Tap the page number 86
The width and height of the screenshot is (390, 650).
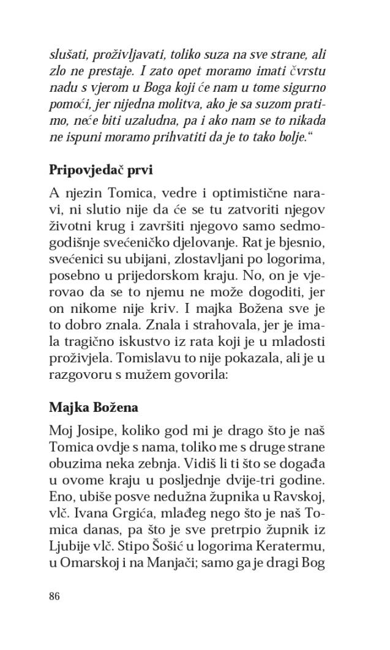[54, 597]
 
